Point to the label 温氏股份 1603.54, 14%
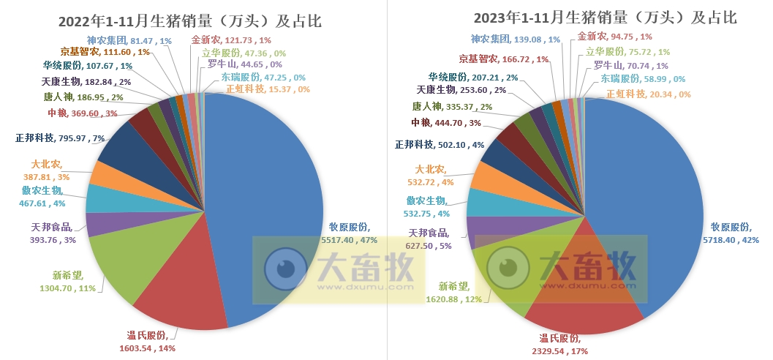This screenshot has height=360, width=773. coord(151,342)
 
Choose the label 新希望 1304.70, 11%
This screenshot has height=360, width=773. coord(67,282)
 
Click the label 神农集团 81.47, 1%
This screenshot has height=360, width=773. coord(129,41)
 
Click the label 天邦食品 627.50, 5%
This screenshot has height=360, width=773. coord(430,239)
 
